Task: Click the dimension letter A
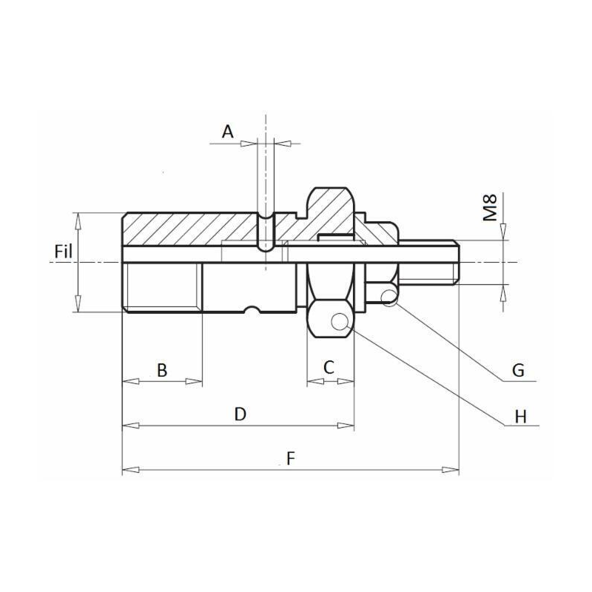coord(228,132)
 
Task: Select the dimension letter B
coord(161,369)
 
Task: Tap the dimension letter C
coord(329,366)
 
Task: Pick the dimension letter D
coord(239,414)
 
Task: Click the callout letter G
coord(518,370)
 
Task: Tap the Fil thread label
coord(64,252)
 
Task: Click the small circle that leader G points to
coord(389,297)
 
